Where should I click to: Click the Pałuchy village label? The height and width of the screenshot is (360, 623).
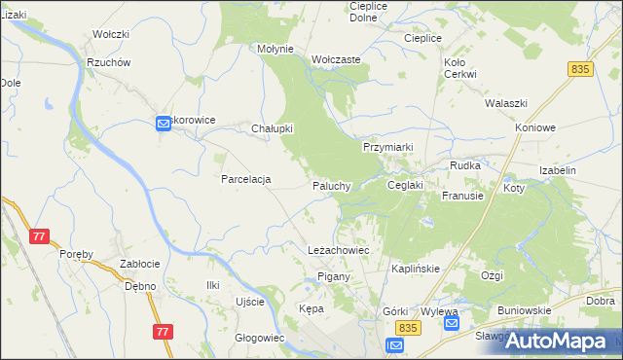[331, 186]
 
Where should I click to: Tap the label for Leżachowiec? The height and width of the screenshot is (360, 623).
[338, 250]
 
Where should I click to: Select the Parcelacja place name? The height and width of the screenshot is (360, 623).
[245, 179]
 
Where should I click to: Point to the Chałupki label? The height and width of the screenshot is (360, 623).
[273, 128]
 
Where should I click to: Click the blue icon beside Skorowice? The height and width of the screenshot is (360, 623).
[163, 123]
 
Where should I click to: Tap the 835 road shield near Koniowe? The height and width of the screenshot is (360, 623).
[581, 69]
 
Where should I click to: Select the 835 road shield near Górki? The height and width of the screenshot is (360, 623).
[409, 330]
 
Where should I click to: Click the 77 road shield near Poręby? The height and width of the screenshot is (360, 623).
[40, 236]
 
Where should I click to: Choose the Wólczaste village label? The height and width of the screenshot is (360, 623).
[337, 59]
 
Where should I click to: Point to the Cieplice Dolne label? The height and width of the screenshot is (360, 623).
[369, 12]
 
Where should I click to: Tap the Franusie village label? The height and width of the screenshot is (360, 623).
[462, 196]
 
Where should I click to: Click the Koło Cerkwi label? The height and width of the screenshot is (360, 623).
[459, 68]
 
